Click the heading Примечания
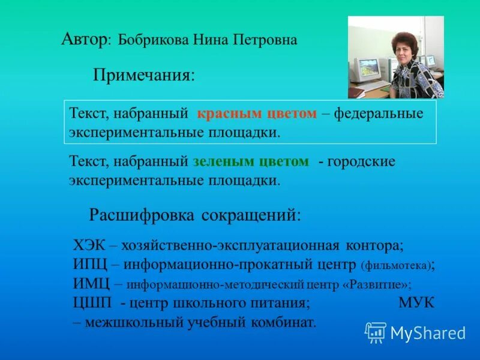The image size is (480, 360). pyautogui.click(x=144, y=76)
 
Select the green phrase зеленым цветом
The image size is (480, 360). pyautogui.click(x=251, y=161)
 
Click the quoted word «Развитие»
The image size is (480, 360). pyautogui.click(x=376, y=284)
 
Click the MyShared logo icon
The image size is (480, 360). pyautogui.click(x=376, y=332)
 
